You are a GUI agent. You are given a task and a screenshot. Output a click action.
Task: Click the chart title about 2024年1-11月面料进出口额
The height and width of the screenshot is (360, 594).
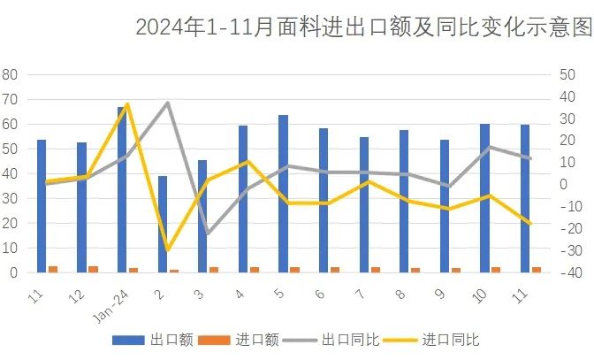362,27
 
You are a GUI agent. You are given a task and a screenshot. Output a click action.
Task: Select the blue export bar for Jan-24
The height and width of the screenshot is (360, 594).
122,189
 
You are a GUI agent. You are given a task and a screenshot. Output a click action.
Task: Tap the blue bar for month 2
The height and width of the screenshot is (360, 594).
163,224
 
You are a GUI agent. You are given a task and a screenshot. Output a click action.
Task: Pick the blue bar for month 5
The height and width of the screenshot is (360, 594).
283,194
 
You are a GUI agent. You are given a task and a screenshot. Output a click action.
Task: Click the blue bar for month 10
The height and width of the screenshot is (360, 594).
484,198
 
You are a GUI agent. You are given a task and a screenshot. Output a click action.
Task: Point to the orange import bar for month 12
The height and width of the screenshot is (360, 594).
93,269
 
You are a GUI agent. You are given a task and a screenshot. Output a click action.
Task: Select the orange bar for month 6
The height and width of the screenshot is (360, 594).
335,270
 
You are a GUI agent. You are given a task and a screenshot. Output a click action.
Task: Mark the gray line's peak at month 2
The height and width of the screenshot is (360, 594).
167,103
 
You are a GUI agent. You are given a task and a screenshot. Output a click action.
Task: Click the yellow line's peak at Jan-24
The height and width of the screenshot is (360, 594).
127,104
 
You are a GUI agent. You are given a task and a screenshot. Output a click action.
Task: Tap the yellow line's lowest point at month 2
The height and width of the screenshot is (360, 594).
167,250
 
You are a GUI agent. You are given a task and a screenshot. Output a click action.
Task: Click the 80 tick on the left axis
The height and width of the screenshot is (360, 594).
11,74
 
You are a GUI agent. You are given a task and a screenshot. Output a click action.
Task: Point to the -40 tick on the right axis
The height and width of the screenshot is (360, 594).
567,272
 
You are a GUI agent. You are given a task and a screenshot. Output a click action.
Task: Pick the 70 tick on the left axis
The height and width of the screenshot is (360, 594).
11,99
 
